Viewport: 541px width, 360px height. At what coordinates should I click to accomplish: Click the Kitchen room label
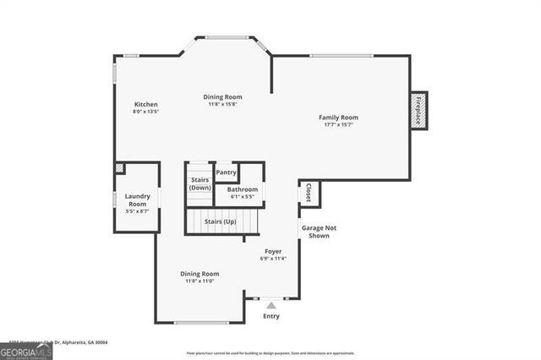pos(146,104)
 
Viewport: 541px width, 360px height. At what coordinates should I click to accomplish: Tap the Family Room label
pos(338,117)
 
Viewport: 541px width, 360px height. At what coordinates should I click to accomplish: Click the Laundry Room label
pos(138,200)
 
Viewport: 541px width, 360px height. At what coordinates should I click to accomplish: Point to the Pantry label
pos(226,172)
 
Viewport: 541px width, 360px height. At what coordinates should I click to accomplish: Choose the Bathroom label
pos(236,190)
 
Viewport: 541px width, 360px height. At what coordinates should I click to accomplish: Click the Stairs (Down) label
pos(199,183)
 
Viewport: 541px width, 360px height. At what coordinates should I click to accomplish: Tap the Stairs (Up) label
pos(220,221)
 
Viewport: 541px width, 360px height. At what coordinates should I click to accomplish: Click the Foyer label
pos(273,251)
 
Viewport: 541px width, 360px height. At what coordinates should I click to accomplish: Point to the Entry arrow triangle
pos(270,304)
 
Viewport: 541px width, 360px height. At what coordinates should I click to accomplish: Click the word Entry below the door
pos(270,316)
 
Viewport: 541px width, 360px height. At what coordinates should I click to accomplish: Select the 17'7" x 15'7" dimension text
pos(338,124)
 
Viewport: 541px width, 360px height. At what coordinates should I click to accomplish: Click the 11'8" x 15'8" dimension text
pos(223,104)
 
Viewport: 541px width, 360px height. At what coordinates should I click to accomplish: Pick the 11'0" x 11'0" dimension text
pos(199,281)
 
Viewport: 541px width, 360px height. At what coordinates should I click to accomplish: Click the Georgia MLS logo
pos(26,351)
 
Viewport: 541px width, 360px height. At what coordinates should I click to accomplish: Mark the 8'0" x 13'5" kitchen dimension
pos(146,112)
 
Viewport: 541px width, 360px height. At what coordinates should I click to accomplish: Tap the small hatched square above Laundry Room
pos(119,168)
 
